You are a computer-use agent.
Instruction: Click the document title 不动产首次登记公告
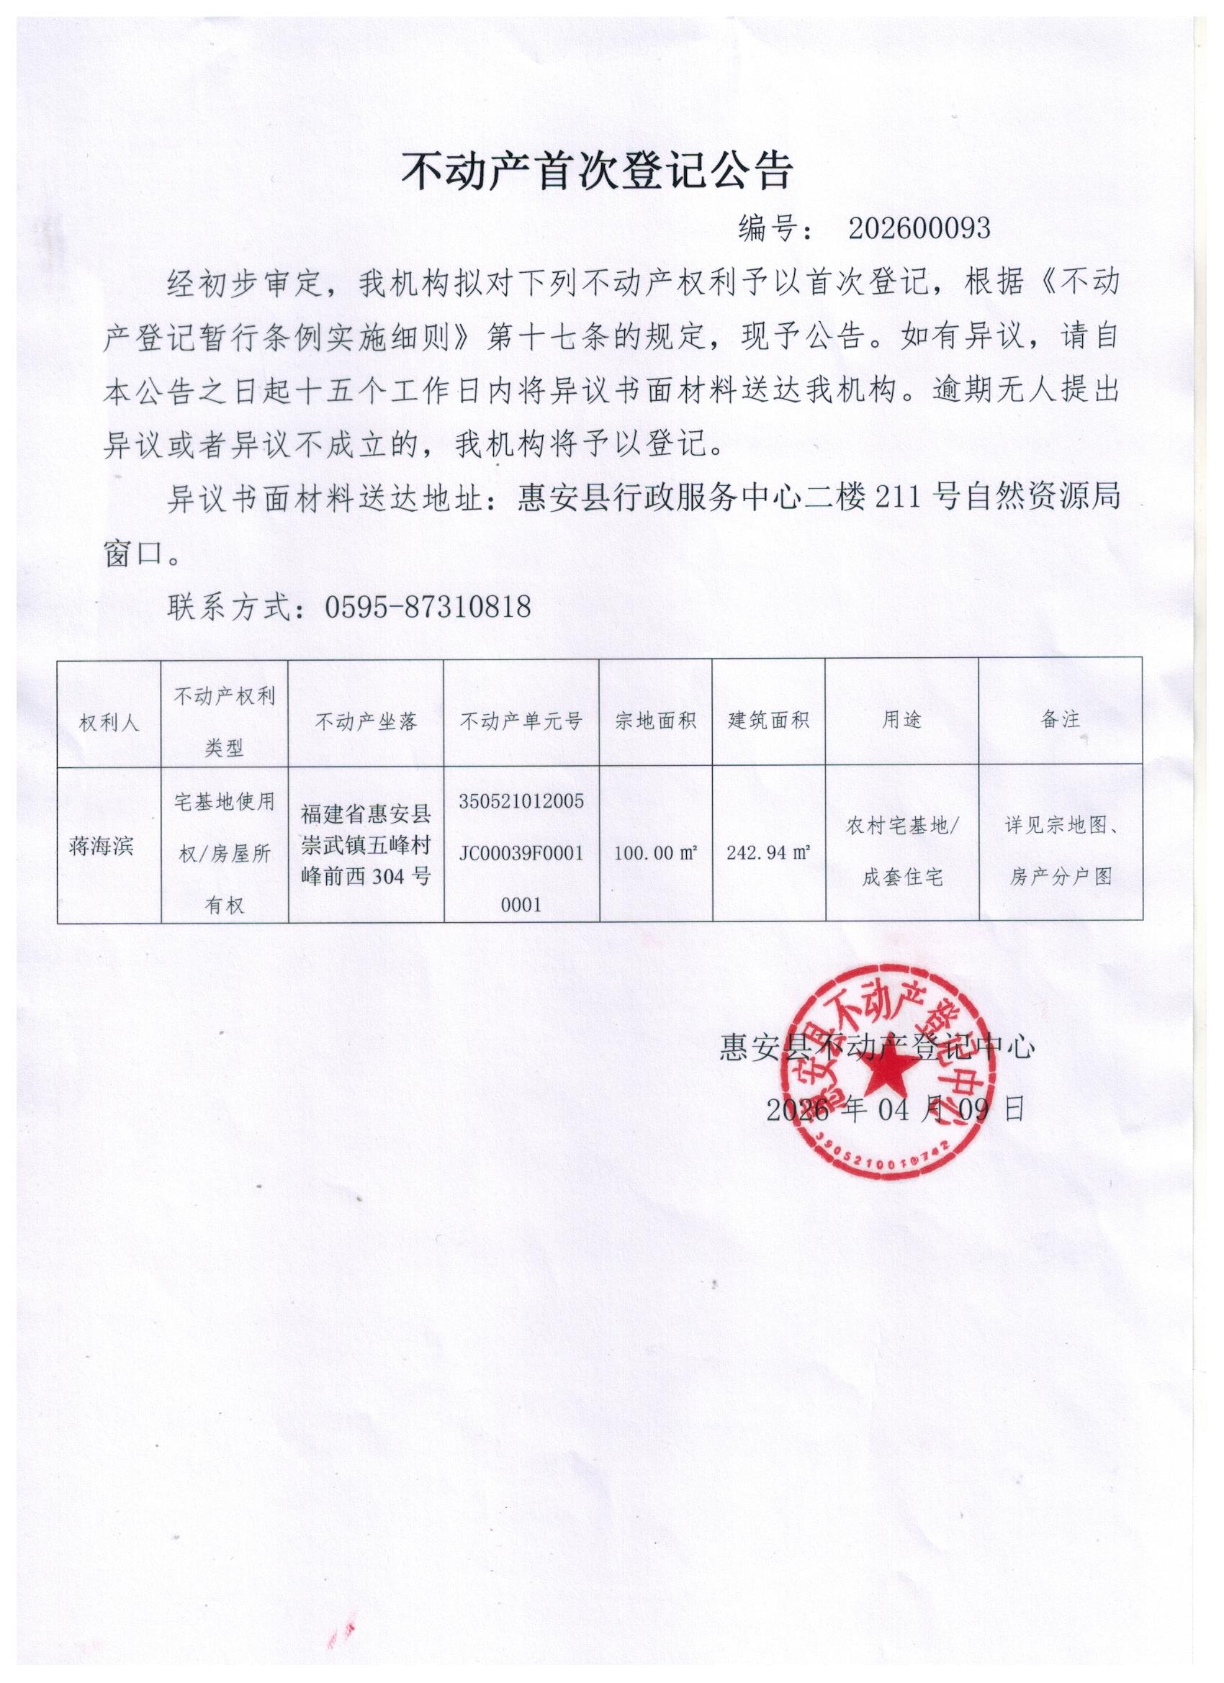[597, 172]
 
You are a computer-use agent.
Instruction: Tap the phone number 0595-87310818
[428, 607]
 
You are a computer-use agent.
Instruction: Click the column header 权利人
[109, 723]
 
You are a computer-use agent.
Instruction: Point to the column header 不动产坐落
[366, 721]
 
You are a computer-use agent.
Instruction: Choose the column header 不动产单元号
[521, 721]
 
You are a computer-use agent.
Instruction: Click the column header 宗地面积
[655, 721]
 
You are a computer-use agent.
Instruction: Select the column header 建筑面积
[768, 721]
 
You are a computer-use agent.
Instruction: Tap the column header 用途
[901, 720]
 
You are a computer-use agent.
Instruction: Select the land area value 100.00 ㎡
[655, 852]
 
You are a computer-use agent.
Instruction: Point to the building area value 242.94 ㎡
[768, 852]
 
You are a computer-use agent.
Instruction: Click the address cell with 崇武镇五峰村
[366, 846]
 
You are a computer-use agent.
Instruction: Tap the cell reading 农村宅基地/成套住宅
[902, 852]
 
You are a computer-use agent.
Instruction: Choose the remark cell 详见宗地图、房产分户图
[1061, 851]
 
